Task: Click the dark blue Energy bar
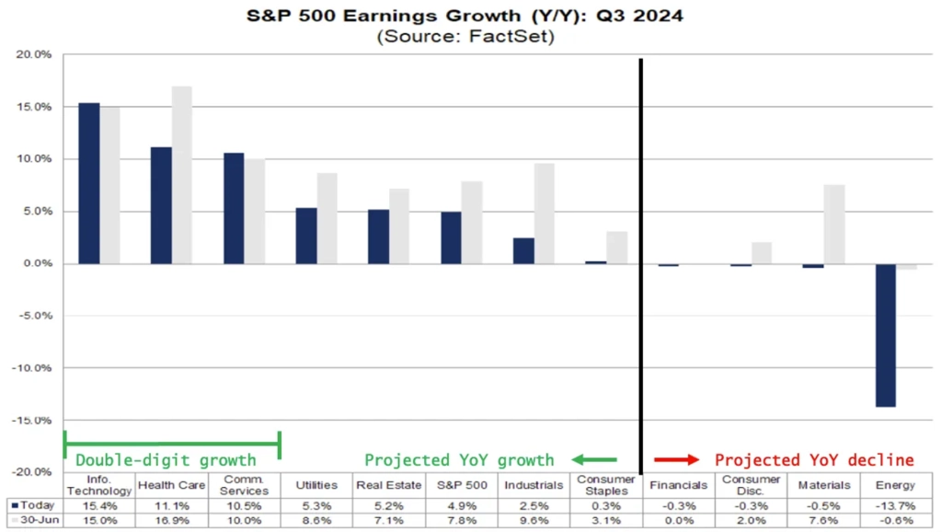click(885, 335)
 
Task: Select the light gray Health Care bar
click(182, 175)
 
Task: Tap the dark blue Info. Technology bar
click(88, 183)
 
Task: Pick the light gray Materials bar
click(833, 225)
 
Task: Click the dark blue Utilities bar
click(306, 236)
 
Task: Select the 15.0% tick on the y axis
click(36, 107)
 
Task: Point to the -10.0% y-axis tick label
click(34, 367)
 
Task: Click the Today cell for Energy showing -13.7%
click(896, 505)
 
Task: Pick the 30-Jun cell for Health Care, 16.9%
click(172, 522)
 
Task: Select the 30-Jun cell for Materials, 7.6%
click(822, 522)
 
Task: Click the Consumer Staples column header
click(605, 485)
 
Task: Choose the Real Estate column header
click(388, 485)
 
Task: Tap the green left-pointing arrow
click(593, 459)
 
